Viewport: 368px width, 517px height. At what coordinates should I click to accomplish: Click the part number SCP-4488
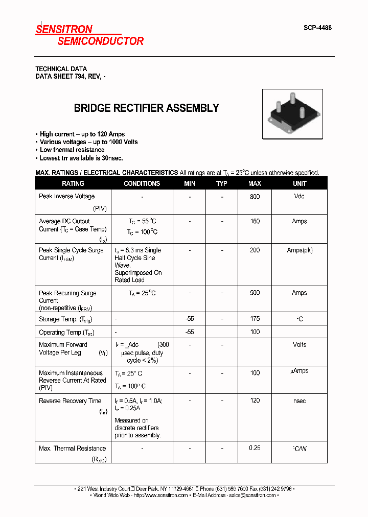pos(317,28)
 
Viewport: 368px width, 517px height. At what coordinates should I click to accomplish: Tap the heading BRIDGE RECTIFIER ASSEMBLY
pos(146,108)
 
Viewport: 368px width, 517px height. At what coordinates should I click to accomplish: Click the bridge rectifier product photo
pos(292,114)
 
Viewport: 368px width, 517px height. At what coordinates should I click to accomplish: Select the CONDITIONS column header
pos(142,183)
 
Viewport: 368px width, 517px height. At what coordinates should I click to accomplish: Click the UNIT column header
pos(300,183)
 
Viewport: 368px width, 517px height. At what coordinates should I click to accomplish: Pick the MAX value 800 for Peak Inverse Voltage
pos(255,197)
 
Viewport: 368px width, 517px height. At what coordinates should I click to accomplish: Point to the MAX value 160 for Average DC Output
pos(255,221)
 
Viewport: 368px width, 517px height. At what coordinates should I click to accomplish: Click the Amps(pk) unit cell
pos(300,250)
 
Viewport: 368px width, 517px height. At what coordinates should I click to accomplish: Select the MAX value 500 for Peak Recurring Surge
pos(255,293)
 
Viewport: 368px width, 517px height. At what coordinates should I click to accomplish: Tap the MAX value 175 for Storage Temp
pos(255,319)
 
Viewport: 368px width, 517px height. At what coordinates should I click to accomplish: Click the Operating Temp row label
pos(65,332)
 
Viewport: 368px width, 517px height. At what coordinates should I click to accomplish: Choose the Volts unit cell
pos(300,345)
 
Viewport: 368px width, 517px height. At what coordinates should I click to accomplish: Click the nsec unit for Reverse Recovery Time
pos(300,401)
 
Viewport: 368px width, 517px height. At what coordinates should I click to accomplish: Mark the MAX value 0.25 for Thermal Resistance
pos(255,448)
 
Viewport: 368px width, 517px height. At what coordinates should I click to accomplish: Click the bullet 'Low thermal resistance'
pos(72,150)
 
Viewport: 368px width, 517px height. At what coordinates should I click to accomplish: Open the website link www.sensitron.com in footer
pos(160,495)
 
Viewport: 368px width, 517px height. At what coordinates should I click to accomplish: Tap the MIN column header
pos(190,183)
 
